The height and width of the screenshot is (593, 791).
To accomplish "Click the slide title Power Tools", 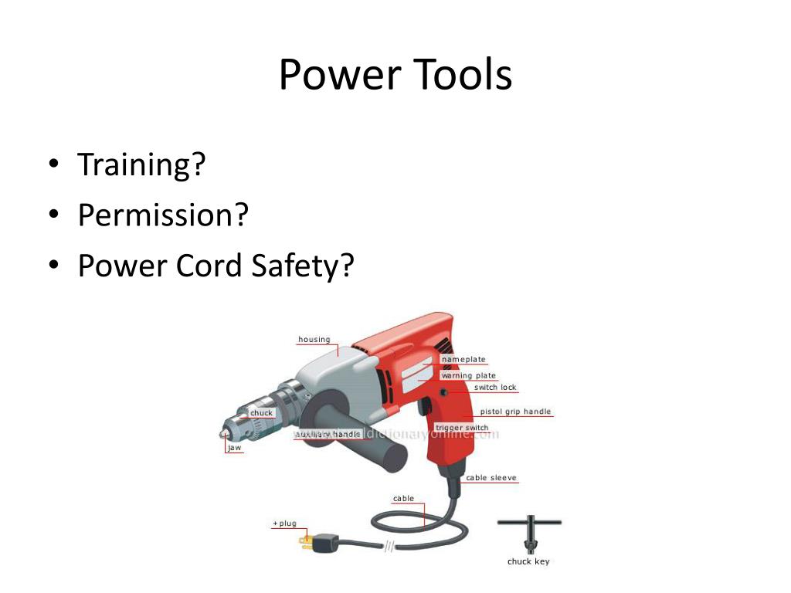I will [395, 76].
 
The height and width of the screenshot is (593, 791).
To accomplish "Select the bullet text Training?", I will [141, 165].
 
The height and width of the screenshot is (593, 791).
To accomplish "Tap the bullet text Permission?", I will [164, 215].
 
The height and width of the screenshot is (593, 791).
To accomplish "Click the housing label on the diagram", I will [314, 340].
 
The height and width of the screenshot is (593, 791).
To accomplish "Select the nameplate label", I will [463, 359].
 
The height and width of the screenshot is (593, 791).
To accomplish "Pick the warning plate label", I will [468, 375].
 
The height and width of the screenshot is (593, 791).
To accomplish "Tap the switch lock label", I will [495, 387].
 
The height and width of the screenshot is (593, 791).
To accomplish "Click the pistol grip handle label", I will [515, 412].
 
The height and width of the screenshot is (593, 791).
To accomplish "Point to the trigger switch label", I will [462, 428].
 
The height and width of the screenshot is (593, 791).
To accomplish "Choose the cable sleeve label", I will [491, 478].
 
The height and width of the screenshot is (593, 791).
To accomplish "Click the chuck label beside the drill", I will [261, 413].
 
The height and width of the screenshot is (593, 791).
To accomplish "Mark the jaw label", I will [234, 448].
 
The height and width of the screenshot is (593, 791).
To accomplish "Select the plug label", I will [284, 524].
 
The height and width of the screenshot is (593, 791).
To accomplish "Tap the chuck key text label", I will [528, 561].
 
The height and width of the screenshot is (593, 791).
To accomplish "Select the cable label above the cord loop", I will [403, 499].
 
